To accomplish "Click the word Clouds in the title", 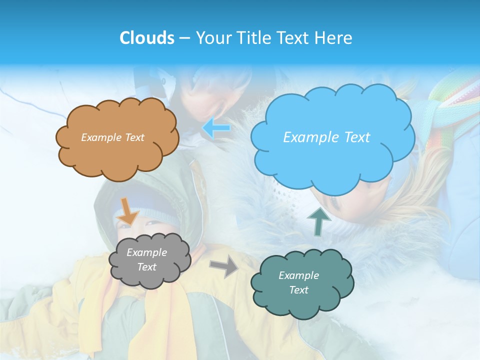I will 147,38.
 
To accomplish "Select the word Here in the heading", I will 335,38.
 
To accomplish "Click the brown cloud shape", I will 117,155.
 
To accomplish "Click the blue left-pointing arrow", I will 216,128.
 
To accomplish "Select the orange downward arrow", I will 128,210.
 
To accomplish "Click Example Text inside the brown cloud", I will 113,137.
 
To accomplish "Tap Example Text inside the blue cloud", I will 327,137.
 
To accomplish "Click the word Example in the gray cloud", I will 146,252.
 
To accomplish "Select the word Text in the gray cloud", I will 146,267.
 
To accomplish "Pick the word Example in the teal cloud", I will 298,275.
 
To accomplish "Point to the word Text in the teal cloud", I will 298,290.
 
